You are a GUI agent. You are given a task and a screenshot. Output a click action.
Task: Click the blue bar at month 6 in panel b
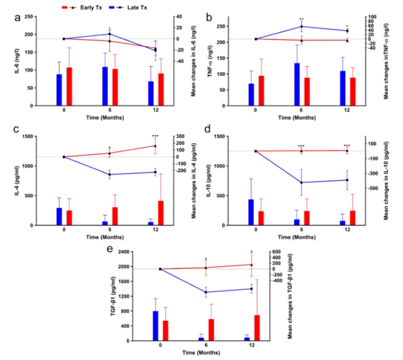click(x=297, y=84)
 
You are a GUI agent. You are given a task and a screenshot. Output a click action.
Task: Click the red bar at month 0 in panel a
click(x=69, y=86)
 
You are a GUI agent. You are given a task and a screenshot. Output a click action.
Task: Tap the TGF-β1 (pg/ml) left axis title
click(x=113, y=296)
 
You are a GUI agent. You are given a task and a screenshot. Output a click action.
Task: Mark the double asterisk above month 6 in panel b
click(x=302, y=20)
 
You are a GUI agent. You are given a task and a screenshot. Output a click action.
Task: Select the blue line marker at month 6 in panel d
click(x=302, y=182)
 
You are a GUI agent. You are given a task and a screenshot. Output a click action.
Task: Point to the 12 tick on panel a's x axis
click(x=156, y=109)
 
